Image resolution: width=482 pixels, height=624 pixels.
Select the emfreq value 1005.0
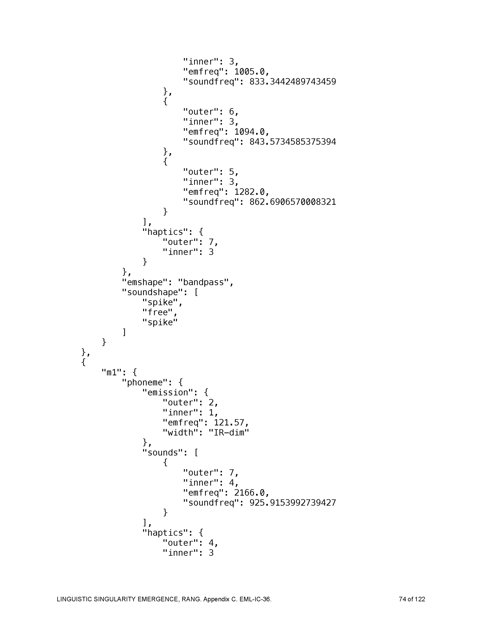click(251, 72)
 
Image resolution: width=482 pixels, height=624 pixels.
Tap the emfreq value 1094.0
click(251, 132)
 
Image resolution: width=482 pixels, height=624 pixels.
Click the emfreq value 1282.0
click(251, 192)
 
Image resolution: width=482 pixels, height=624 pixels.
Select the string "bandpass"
click(203, 282)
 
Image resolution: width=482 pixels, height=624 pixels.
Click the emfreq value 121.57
click(229, 423)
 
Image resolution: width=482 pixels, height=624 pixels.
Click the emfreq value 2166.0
click(251, 493)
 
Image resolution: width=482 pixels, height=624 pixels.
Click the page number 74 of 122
click(412, 599)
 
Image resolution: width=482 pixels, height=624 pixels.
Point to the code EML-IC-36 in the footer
click(255, 599)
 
